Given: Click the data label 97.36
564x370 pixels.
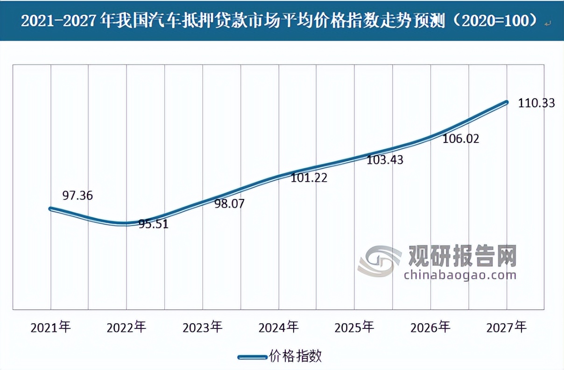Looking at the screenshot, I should tap(78, 195).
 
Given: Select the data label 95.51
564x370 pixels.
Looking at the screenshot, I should tap(153, 224).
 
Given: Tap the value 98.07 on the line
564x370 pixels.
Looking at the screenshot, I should tap(229, 204).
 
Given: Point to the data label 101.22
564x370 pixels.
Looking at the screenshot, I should tap(309, 178).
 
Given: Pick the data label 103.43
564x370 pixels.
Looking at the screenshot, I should tap(385, 159).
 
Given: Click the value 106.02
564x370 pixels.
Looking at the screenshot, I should tap(461, 139).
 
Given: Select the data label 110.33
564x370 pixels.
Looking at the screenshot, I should tap(536, 103).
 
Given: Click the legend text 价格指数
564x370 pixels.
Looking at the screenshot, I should tap(296, 356).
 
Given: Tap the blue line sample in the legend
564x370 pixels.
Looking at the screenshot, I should tap(252, 357).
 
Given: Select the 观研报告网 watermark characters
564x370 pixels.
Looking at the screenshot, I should tap(462, 255).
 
